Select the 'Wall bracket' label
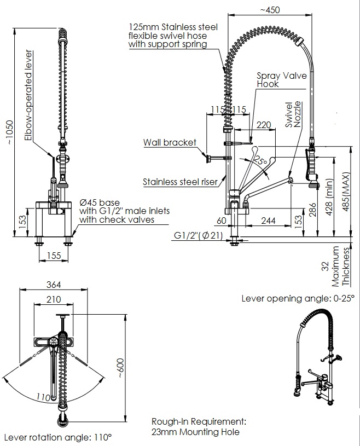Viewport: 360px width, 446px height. coord(170,143)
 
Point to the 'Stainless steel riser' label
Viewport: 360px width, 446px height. coord(180,182)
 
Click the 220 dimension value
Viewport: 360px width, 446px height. coord(264,125)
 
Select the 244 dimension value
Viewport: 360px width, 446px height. coord(268,221)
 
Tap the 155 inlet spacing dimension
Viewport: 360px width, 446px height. coord(53,255)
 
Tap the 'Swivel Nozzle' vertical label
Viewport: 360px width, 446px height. coord(293,114)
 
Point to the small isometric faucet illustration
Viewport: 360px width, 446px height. coord(321,353)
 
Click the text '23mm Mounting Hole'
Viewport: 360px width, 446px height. coord(195,432)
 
